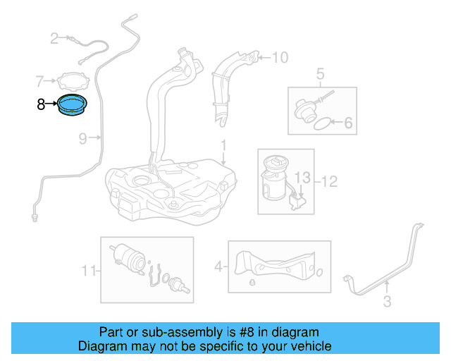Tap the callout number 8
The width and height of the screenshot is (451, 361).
(x=41, y=104)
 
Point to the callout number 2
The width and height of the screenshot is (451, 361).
(x=54, y=38)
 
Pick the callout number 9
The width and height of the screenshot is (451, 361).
(x=82, y=139)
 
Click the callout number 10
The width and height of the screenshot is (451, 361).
(x=280, y=57)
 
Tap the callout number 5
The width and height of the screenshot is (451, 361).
(x=319, y=73)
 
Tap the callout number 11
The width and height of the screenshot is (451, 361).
(x=87, y=269)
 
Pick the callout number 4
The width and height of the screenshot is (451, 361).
(x=218, y=267)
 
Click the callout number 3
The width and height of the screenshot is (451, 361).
(x=386, y=303)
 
